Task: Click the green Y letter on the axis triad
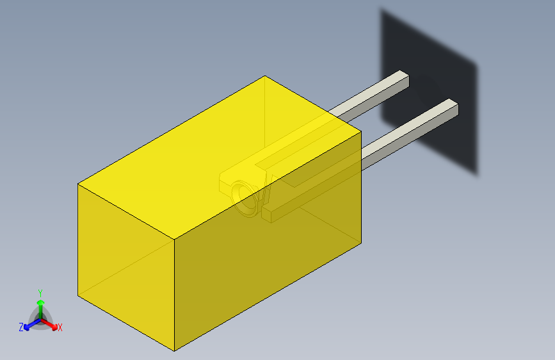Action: point(40,292)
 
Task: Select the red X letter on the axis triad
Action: point(60,328)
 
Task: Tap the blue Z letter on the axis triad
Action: point(21,327)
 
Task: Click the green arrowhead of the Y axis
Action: point(40,303)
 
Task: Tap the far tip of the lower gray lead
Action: point(454,107)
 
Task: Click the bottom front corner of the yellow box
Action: point(175,350)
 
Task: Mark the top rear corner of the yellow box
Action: point(265,76)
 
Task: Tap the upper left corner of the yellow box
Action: point(78,184)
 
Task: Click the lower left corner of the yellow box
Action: point(78,297)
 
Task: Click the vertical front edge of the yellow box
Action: point(175,295)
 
